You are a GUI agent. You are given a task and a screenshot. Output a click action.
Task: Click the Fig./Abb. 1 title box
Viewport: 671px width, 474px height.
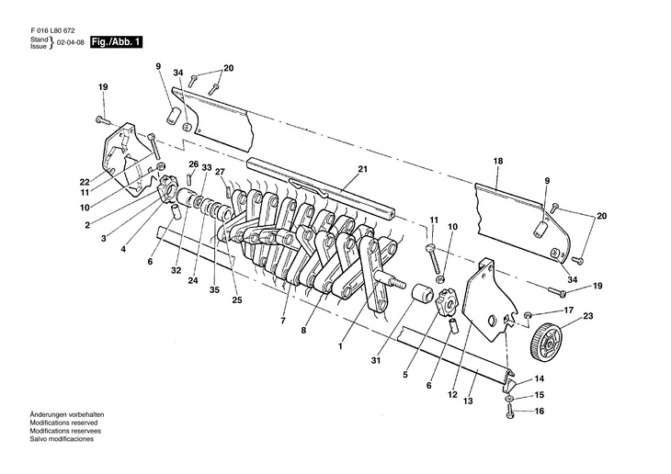pyautogui.click(x=116, y=43)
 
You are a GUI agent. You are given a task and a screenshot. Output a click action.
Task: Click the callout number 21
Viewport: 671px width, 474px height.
pyautogui.click(x=362, y=169)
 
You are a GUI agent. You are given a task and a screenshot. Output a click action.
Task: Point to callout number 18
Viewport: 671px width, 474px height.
pyautogui.click(x=498, y=161)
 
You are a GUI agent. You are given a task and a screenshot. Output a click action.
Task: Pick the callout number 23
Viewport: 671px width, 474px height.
pyautogui.click(x=588, y=317)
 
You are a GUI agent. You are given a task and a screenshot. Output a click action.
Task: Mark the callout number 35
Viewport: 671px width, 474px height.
pyautogui.click(x=215, y=290)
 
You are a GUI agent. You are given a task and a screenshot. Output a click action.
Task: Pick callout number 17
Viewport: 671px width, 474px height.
pyautogui.click(x=568, y=310)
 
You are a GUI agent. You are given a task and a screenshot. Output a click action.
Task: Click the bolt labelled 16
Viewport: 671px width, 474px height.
pyautogui.click(x=508, y=412)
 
